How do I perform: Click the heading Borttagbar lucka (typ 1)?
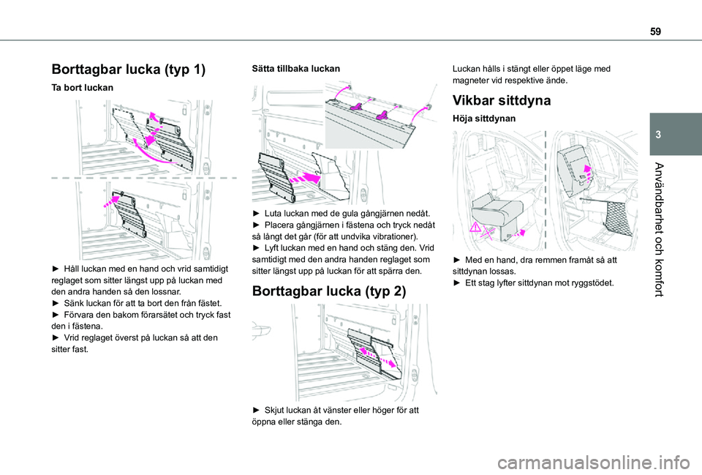128,70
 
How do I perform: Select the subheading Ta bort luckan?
83,87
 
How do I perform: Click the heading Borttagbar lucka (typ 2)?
328,291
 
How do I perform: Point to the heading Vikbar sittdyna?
502,100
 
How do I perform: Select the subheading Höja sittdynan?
483,118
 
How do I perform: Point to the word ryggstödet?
589,282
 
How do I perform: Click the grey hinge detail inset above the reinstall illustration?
377,113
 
